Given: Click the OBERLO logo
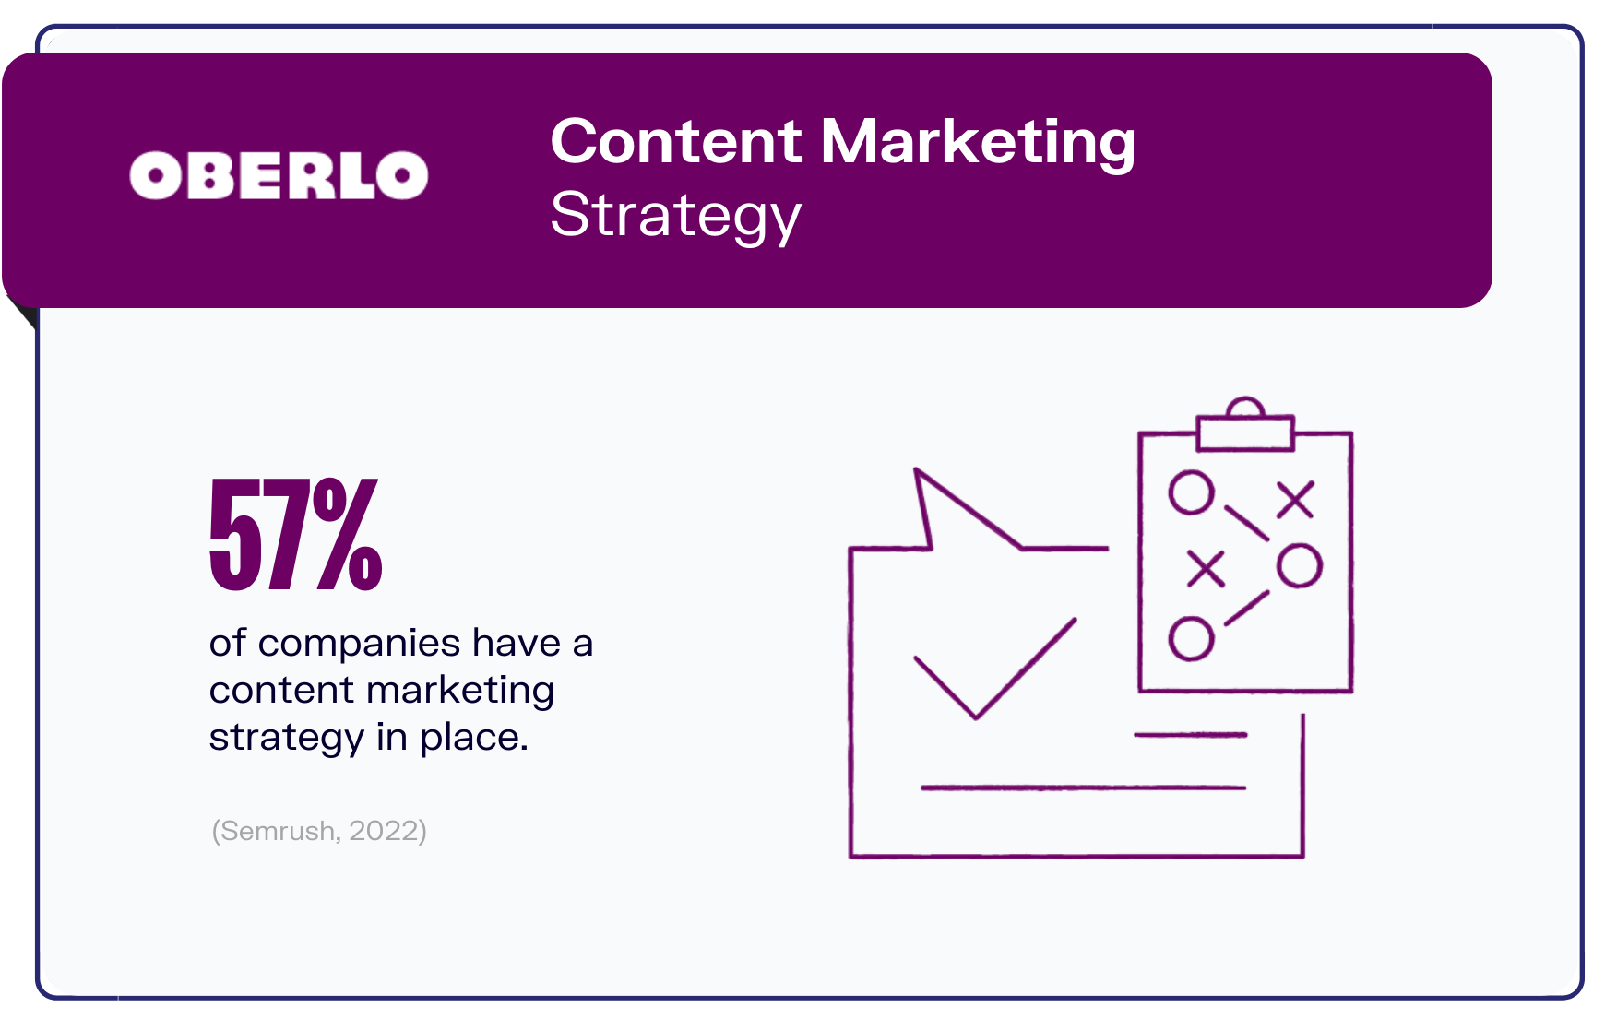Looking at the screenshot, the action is point(279,175).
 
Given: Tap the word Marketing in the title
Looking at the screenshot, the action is point(978,142).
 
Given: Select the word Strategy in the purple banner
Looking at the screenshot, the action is point(676,216).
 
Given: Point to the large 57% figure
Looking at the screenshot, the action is point(296,534).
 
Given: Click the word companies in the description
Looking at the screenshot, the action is point(359,643).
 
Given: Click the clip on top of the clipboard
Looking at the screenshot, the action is point(1245,425).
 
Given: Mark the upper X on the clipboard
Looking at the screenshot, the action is point(1295,500).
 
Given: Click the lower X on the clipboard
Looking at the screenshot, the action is point(1206,568).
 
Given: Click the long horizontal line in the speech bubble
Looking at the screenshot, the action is point(1083,788).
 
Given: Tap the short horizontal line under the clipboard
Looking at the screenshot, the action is point(1190,735).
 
